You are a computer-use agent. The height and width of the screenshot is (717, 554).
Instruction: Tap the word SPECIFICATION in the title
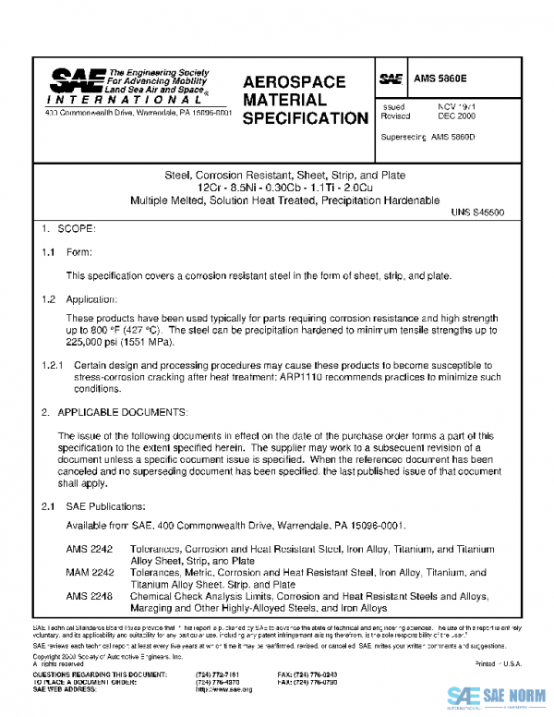(x=306, y=118)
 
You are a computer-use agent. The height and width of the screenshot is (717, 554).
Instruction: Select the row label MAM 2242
(x=90, y=573)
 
